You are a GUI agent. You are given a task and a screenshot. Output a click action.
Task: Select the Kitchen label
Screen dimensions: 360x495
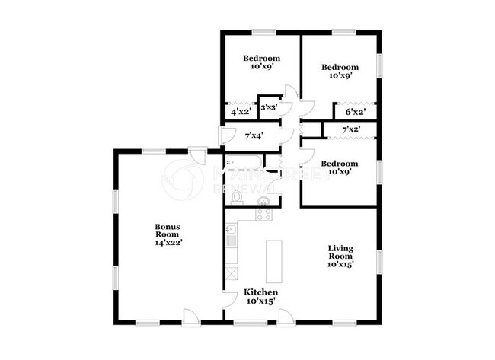[260, 297]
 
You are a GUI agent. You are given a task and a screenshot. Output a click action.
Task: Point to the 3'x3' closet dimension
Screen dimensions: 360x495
[268, 108]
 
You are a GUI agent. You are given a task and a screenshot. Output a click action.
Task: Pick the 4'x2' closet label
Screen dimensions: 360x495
[241, 113]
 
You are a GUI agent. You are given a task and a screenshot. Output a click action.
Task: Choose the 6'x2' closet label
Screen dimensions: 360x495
[355, 112]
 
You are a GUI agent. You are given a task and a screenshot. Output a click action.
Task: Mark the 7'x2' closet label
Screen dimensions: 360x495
[350, 130]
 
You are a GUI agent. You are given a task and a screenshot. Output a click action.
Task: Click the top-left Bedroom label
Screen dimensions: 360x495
[261, 62]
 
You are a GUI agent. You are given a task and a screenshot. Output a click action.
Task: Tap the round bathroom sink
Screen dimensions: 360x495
[264, 202]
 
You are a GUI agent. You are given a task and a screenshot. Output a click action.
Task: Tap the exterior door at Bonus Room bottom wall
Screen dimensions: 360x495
[193, 316]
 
